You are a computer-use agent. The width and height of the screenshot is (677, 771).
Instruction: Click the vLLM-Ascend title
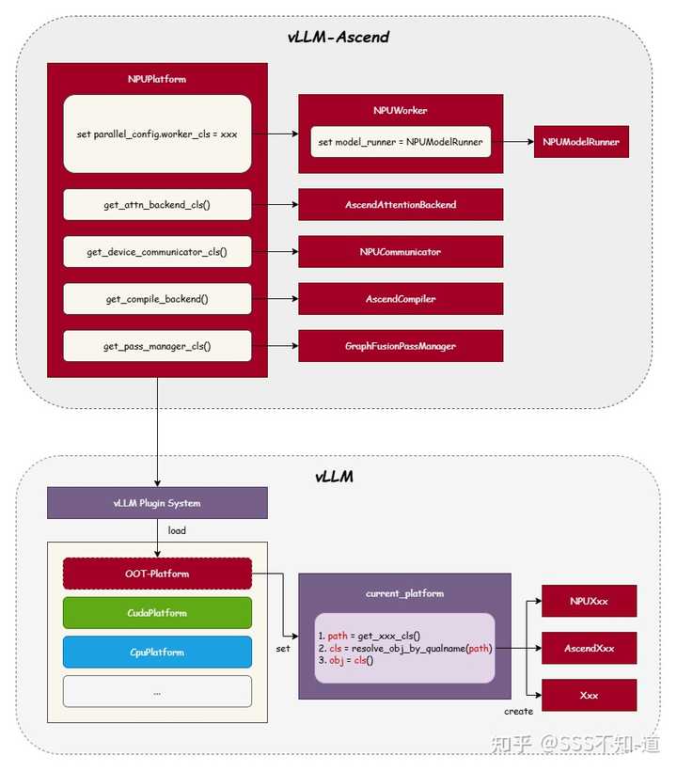[x=338, y=37]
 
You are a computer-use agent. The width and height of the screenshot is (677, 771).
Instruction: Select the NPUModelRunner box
[x=581, y=142]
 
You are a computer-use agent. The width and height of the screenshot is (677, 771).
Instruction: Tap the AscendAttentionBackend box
[x=401, y=205]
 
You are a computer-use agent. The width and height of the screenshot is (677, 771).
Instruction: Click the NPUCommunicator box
[x=401, y=252]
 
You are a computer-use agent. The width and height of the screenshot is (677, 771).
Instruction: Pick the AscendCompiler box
[x=401, y=298]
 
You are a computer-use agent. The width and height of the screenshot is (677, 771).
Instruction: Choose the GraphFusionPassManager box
[x=401, y=346]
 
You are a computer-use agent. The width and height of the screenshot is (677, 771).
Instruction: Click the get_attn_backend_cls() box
[x=157, y=205]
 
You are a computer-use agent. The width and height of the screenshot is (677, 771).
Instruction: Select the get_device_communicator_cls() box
[x=157, y=252]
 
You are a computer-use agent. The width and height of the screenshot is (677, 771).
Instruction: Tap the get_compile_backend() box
[x=157, y=298]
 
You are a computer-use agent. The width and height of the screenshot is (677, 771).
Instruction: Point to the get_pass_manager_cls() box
[x=157, y=346]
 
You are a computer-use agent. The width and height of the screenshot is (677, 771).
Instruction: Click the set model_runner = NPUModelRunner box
[x=401, y=142]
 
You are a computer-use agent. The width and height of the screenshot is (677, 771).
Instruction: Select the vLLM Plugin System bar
[x=157, y=503]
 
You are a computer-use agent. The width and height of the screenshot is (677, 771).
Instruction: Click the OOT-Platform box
[x=157, y=574]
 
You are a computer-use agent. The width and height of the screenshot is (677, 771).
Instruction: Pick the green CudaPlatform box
[x=157, y=613]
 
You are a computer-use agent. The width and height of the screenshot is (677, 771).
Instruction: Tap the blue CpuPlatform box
[x=157, y=652]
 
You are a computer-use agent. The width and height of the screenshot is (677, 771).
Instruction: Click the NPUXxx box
[x=589, y=601]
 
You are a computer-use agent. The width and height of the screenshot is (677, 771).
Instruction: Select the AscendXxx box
[x=589, y=648]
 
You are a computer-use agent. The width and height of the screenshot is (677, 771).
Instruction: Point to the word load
[x=177, y=530]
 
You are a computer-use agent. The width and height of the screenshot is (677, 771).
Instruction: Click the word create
[x=519, y=712]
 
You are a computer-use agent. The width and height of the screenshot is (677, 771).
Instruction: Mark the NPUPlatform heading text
[x=157, y=79]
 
